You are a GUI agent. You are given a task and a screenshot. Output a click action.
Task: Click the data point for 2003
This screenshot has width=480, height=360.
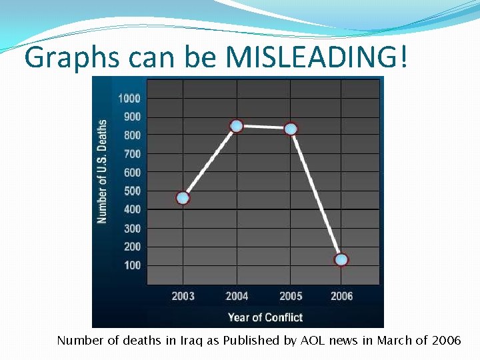183,198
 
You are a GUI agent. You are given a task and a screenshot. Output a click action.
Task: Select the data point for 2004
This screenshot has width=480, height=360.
236,125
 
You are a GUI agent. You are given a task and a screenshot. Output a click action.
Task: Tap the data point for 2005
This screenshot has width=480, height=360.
291,129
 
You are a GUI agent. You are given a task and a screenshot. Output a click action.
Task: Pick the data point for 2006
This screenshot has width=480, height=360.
341,260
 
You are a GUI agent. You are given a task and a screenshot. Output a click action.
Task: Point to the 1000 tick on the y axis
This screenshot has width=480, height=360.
129,99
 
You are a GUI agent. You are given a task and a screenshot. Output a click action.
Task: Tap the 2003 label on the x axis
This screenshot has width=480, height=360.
183,296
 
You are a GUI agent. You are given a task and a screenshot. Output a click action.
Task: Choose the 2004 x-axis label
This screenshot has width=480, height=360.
237,296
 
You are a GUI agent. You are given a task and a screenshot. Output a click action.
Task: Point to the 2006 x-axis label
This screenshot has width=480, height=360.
341,296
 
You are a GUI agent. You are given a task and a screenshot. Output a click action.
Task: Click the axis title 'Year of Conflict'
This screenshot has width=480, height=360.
265,317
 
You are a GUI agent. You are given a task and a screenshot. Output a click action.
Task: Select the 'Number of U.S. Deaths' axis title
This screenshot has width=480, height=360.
103,171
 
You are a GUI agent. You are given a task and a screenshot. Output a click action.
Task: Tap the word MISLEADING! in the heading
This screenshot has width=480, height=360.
315,58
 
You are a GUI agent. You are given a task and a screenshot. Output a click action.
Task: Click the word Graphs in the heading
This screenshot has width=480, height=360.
65,59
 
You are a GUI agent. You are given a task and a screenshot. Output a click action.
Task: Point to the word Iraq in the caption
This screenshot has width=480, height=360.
193,341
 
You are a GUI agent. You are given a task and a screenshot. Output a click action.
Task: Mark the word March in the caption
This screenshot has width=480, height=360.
395,341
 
